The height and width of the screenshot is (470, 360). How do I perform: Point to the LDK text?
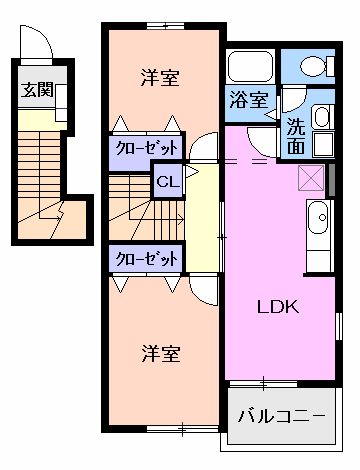[280, 307]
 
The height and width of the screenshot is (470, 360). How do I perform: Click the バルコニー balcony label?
[281, 412]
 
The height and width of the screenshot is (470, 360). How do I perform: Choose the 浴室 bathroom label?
[249, 100]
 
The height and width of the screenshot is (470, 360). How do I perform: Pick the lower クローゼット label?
[146, 258]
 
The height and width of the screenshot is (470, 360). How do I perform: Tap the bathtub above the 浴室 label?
[249, 67]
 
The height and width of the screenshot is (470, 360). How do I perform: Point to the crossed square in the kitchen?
[312, 178]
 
